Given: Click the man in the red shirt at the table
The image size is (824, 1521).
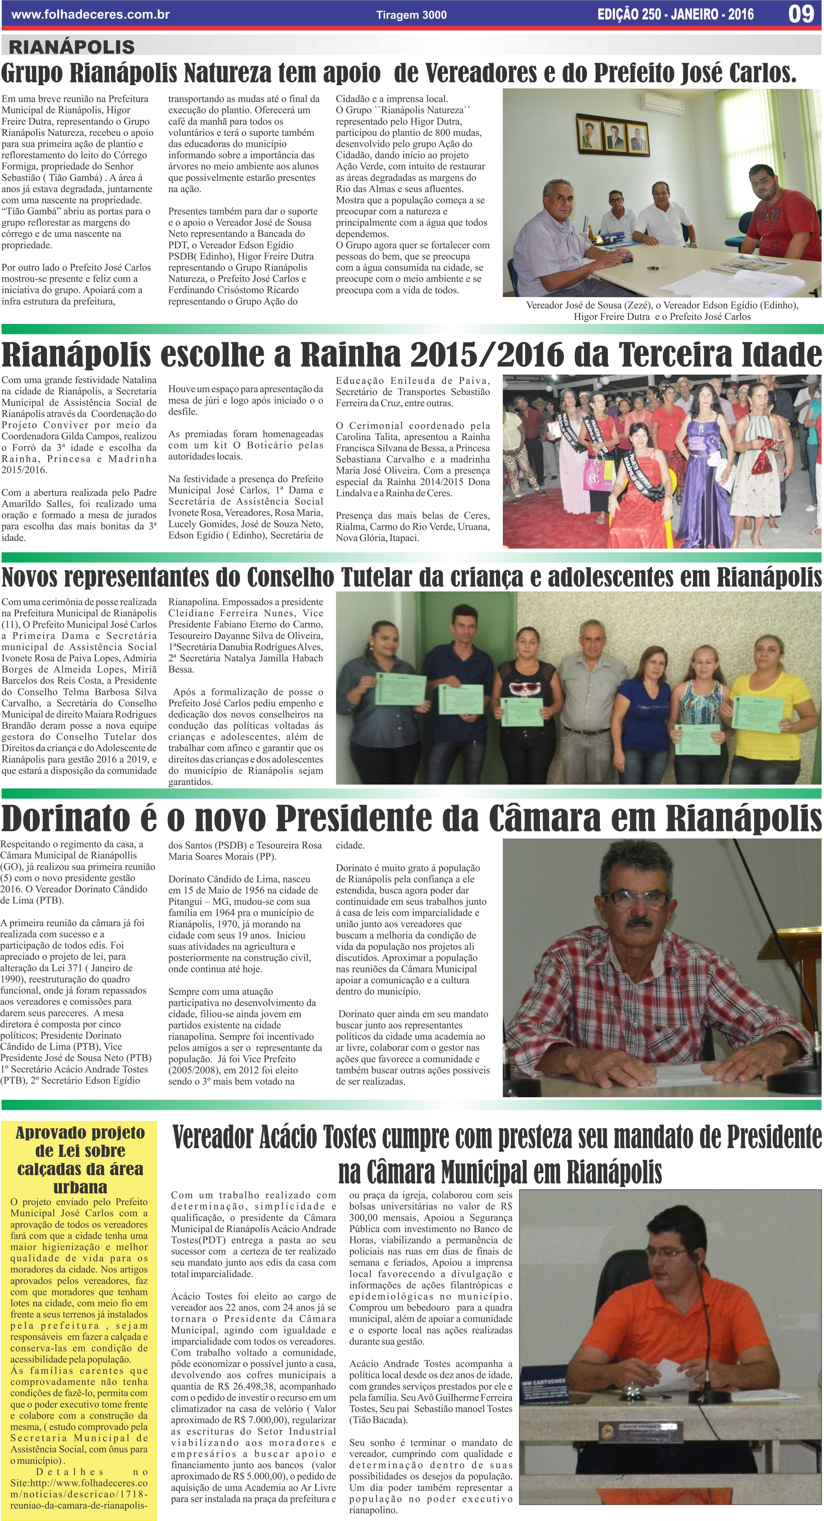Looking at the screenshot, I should tap(780, 219).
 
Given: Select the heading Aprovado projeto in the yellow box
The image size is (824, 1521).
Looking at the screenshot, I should tap(80, 1134).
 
